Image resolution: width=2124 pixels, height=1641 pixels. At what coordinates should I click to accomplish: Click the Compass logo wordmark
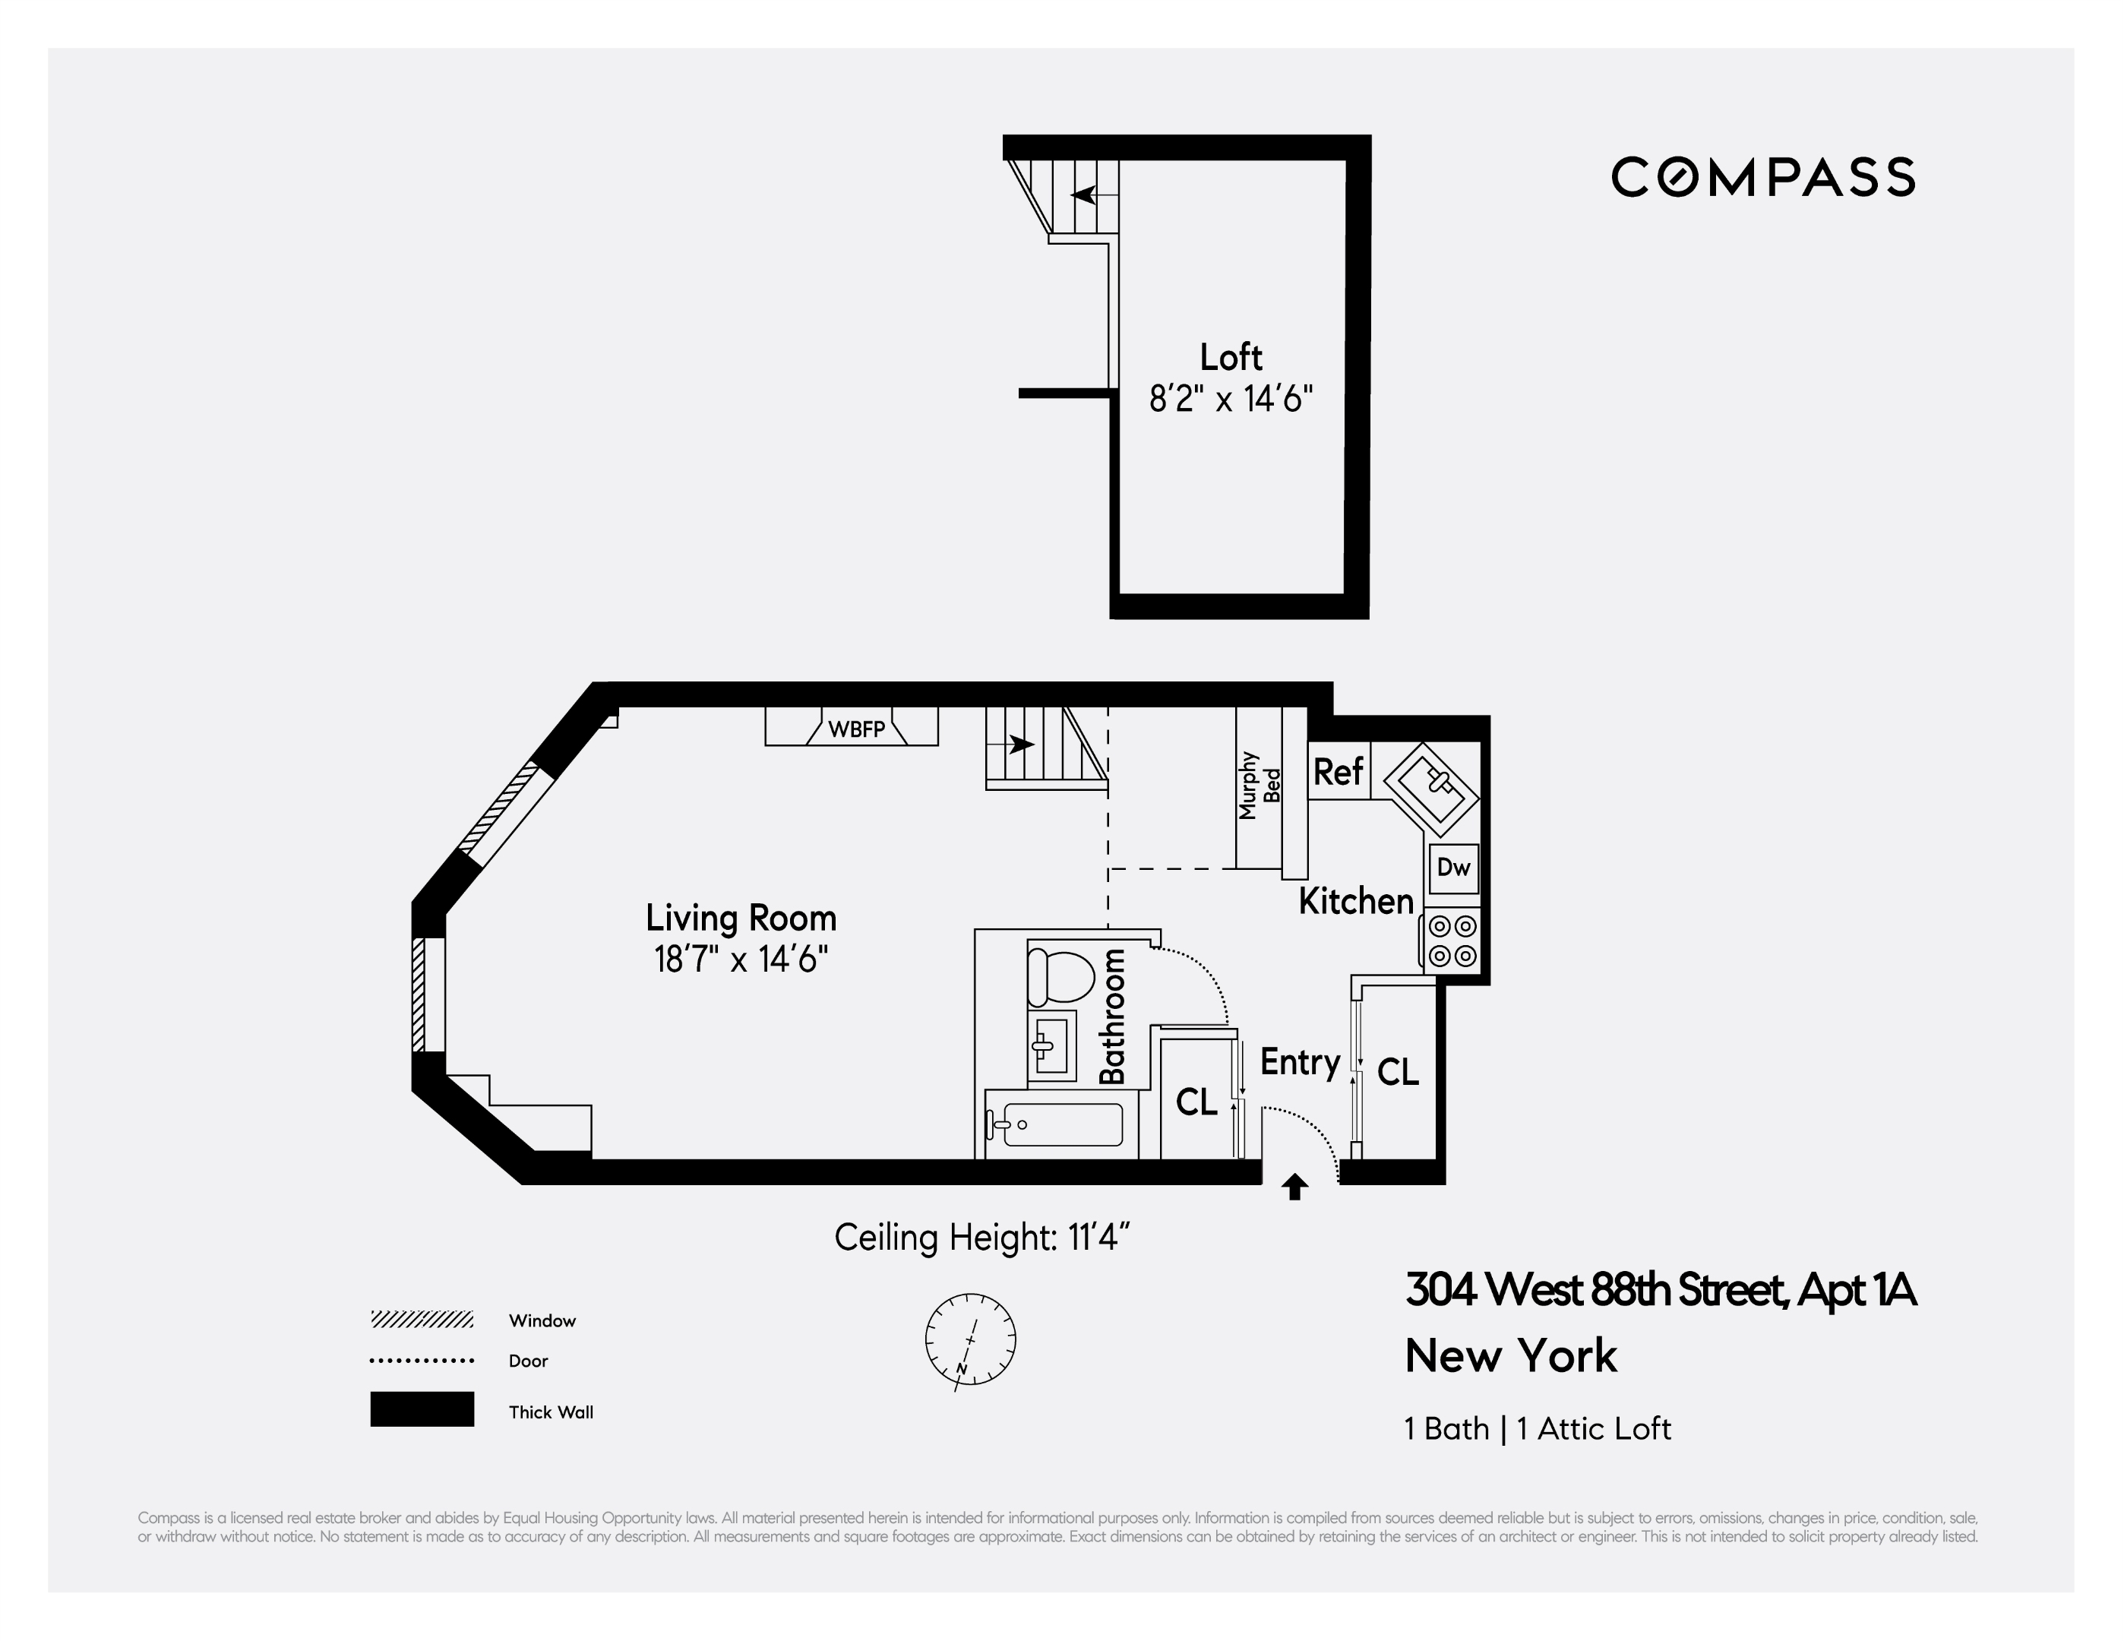click(x=1762, y=177)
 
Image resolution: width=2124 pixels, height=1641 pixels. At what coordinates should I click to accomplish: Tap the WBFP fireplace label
click(x=857, y=729)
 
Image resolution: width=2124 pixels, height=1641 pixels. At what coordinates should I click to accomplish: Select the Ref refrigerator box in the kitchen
click(x=1339, y=771)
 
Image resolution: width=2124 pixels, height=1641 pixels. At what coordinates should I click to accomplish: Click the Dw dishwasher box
click(x=1454, y=868)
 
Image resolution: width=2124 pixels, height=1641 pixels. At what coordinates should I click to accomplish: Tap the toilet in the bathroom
click(x=1061, y=975)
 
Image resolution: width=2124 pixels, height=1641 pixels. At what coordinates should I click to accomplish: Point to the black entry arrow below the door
click(x=1294, y=1187)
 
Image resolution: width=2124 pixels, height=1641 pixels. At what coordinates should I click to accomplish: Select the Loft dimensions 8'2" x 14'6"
click(x=1231, y=398)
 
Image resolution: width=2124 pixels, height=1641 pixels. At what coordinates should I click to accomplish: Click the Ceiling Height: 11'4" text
click(x=982, y=1238)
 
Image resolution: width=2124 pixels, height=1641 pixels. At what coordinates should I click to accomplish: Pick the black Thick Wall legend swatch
click(x=422, y=1409)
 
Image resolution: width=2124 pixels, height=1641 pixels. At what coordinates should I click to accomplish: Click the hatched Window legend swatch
click(x=422, y=1319)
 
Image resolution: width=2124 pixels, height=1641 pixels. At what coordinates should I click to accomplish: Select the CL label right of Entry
click(x=1399, y=1072)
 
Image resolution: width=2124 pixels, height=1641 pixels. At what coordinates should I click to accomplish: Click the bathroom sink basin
click(x=1052, y=1045)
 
